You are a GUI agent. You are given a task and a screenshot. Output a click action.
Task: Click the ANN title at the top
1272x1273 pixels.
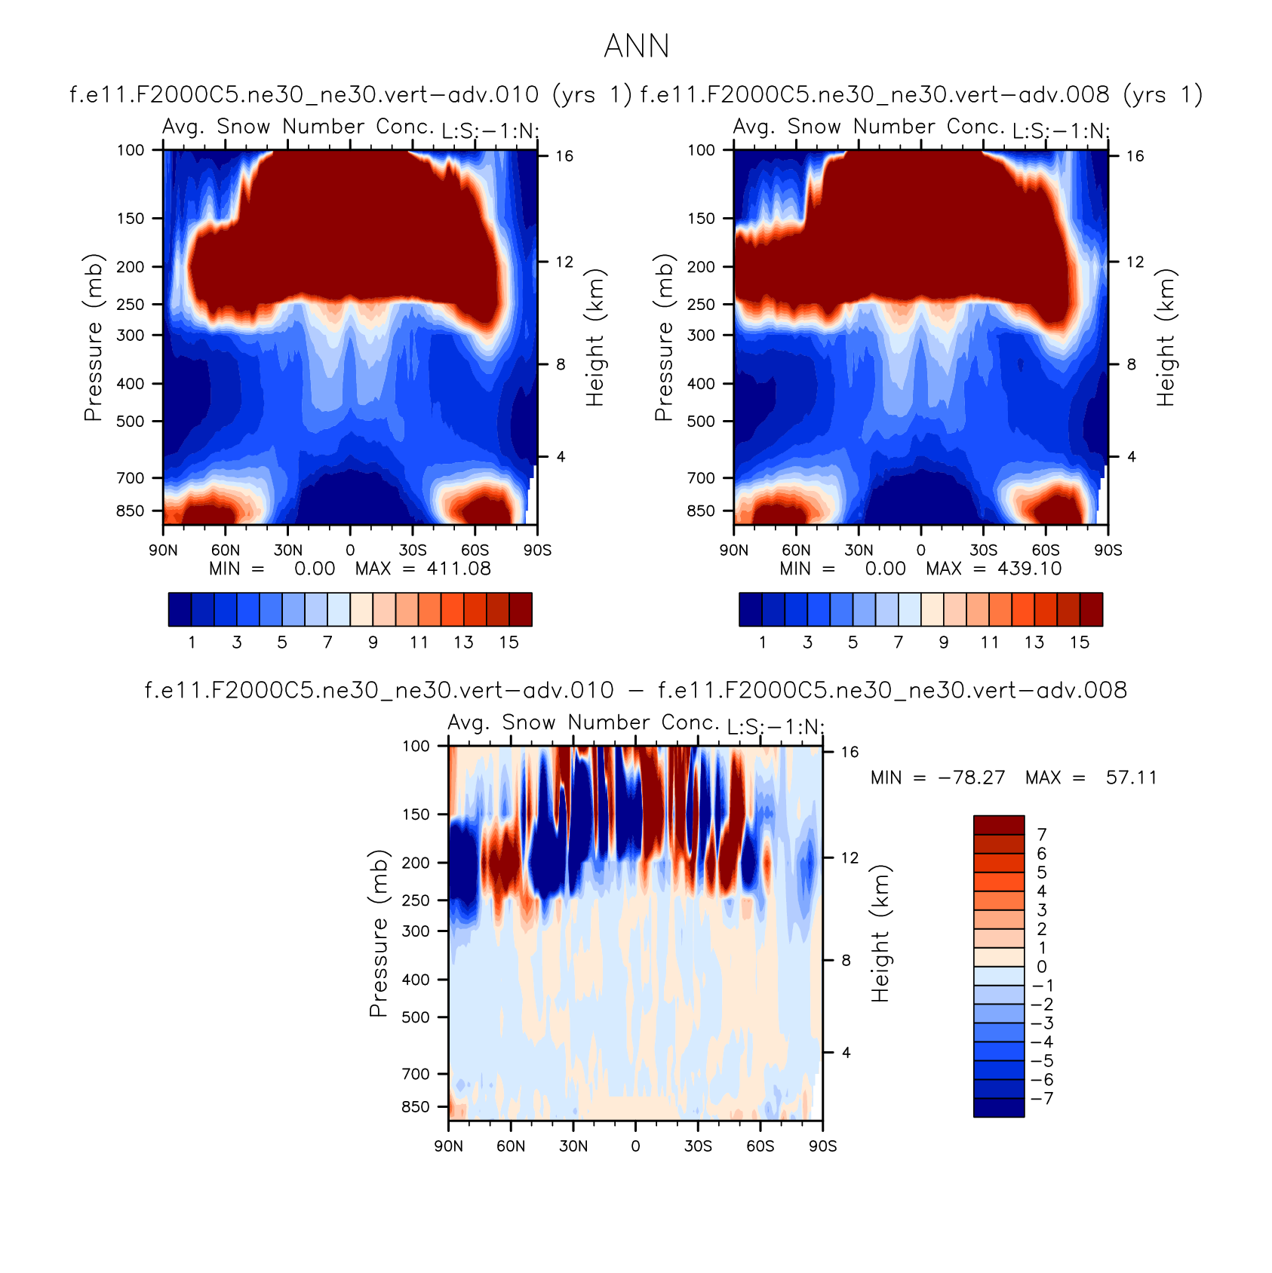636,47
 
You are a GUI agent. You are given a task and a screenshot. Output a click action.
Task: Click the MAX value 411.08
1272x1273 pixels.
459,569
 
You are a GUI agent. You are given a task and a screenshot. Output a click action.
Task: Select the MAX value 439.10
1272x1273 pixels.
1029,569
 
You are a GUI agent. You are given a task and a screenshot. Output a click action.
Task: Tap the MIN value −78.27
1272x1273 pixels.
971,778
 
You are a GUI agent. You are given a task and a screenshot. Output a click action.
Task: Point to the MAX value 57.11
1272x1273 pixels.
1131,778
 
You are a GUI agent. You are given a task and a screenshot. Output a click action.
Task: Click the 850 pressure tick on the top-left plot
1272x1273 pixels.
130,511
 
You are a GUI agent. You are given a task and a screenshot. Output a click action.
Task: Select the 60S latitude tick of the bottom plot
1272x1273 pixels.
760,1146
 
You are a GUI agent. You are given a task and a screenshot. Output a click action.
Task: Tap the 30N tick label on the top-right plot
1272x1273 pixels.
859,551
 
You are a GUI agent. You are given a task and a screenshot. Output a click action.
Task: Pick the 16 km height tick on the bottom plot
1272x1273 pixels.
850,752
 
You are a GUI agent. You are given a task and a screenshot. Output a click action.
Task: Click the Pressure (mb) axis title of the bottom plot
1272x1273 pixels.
379,934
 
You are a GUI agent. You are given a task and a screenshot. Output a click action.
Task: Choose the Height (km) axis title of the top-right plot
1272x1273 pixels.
1166,338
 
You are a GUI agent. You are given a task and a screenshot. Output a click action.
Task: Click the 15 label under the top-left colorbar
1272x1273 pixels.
509,643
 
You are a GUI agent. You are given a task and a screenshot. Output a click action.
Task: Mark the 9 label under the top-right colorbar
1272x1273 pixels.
944,643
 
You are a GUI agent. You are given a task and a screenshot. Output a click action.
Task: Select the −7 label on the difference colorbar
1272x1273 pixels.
1042,1098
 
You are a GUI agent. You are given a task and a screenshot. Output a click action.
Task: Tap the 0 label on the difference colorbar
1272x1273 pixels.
1042,967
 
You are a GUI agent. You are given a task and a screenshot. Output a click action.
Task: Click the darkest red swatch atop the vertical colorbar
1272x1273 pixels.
998,824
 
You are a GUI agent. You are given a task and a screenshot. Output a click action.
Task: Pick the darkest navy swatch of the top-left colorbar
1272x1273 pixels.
180,609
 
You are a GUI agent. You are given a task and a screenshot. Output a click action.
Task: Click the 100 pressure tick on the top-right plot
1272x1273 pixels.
701,150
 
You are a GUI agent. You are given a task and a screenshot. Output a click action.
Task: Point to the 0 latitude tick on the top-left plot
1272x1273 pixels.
350,551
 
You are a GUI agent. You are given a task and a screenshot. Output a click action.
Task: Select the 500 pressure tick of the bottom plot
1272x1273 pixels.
415,1017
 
